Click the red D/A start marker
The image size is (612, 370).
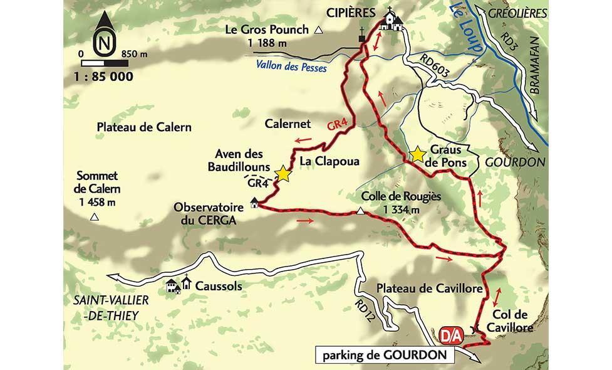click(x=451, y=334)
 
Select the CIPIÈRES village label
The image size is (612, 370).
click(x=353, y=13)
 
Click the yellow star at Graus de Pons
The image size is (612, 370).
click(x=417, y=154)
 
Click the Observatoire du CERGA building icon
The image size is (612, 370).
click(x=254, y=203)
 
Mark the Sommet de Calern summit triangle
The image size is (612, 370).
click(x=95, y=218)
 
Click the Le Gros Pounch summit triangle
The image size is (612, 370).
click(x=319, y=29)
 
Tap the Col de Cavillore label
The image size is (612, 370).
click(x=512, y=320)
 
